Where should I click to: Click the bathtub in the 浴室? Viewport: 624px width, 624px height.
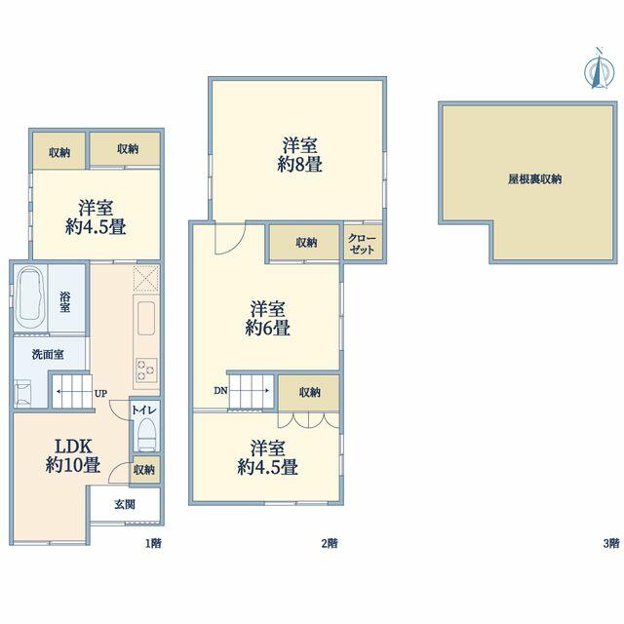(30, 297)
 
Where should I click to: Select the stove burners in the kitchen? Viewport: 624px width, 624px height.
(146, 370)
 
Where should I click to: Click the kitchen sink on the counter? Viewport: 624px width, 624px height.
(146, 319)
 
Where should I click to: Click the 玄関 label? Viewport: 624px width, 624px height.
(125, 505)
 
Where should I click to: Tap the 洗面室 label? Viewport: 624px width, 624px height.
(48, 354)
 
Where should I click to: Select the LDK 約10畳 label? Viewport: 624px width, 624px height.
(73, 456)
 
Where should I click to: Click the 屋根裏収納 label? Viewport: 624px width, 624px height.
(534, 179)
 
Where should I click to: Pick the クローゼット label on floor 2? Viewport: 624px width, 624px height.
(362, 244)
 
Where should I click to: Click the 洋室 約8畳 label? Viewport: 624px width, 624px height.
(299, 155)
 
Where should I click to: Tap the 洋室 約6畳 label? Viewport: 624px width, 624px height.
(267, 319)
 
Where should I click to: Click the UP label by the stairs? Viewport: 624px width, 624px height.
(100, 394)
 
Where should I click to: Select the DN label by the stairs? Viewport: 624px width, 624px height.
(221, 391)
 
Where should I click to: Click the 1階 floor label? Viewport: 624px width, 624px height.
(153, 543)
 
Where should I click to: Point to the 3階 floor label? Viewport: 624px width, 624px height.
(611, 543)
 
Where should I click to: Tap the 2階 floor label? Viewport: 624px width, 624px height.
(330, 543)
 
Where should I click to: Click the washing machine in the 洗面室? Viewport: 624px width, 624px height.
(22, 392)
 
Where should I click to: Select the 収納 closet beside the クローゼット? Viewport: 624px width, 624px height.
(304, 243)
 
